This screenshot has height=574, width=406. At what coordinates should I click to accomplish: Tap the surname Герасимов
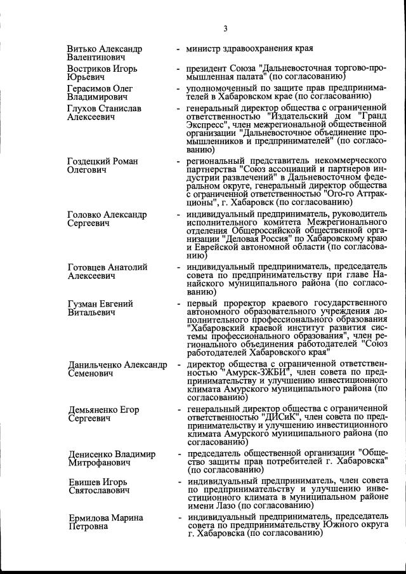pos(89,88)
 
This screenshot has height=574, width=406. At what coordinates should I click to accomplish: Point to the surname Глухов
pos(82,109)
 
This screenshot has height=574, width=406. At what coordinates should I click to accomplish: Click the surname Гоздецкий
pos(89,162)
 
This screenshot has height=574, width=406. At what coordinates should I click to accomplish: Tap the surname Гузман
pos(82,304)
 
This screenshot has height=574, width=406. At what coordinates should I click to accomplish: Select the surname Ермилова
pos(89,517)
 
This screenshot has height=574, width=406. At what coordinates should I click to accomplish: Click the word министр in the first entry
pos(204,49)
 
